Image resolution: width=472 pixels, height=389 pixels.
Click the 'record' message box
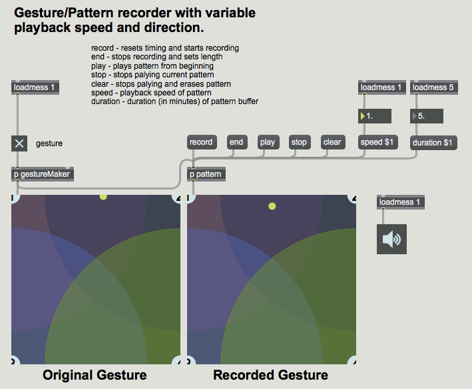(201, 142)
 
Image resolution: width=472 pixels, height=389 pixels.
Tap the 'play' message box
(268, 142)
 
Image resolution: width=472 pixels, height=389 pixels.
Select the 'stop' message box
(300, 142)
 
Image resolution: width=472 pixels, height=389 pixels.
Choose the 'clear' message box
(332, 142)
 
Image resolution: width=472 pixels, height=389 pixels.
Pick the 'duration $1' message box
(433, 142)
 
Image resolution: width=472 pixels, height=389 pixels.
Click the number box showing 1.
(375, 116)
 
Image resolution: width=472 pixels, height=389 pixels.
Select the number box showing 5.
(427, 116)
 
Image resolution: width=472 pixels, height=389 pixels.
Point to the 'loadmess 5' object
(433, 87)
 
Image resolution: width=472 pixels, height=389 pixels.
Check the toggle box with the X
(19, 143)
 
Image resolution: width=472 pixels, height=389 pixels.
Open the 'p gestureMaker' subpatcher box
(41, 174)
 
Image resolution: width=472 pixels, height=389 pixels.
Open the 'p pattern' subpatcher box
(206, 174)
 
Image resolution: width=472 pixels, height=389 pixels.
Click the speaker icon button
(392, 239)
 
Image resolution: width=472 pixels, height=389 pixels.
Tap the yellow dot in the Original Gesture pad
(103, 197)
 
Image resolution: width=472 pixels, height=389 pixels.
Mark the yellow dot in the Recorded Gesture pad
(272, 206)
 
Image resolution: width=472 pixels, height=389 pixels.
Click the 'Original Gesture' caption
(95, 375)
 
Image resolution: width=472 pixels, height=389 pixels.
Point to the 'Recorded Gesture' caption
(270, 375)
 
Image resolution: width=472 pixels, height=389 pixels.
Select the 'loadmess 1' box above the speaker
(399, 202)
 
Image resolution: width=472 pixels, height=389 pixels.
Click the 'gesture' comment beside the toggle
(49, 143)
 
